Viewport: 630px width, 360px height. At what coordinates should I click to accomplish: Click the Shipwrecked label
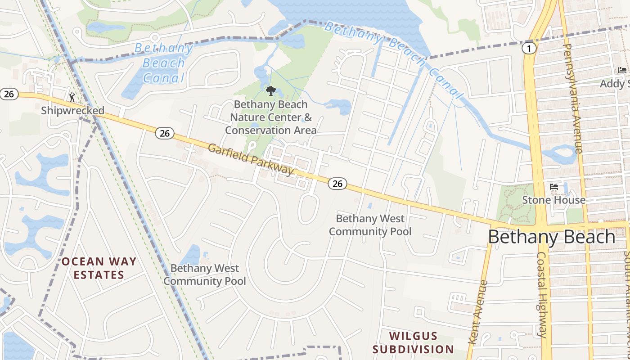pos(72,110)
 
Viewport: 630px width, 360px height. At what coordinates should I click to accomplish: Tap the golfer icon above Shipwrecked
pos(72,97)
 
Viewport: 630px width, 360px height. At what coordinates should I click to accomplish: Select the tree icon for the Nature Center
pos(270,91)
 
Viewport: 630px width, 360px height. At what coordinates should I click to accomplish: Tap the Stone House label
pos(553,200)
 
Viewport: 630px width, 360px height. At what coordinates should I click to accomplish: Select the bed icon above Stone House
pos(554,186)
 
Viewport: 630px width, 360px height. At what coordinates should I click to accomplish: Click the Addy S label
pos(615,84)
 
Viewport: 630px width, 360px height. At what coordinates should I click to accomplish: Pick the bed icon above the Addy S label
pos(622,70)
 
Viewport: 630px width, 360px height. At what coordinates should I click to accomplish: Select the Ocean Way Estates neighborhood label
pos(99,268)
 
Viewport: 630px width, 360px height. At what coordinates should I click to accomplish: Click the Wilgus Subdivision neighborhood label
pos(413,342)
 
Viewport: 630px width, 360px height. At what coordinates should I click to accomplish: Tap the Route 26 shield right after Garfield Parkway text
pos(337,183)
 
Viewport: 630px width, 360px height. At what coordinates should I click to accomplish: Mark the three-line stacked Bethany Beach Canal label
pos(163,63)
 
